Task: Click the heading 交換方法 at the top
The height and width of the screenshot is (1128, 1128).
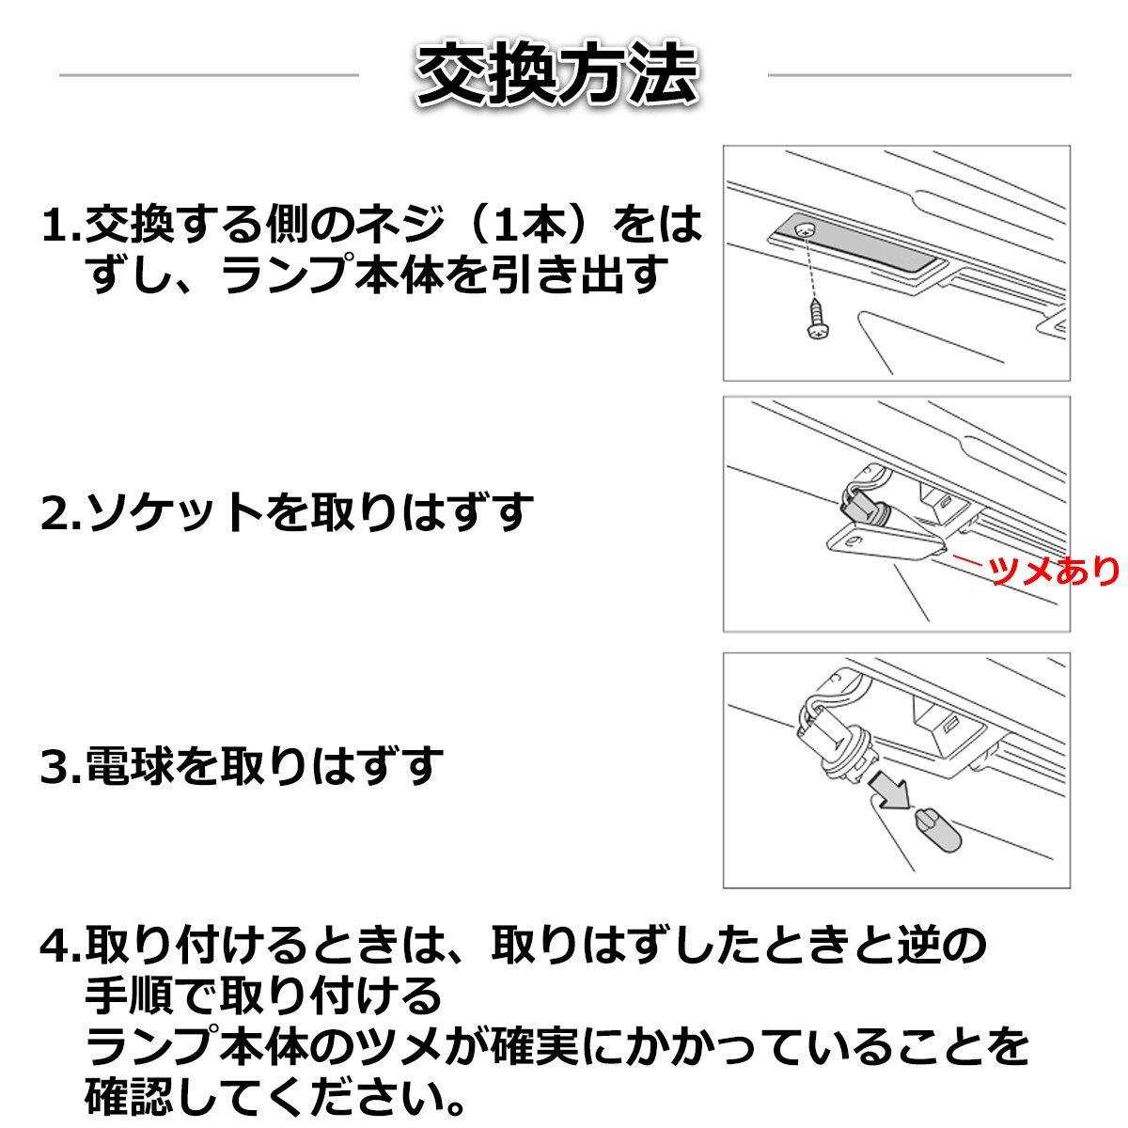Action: (556, 73)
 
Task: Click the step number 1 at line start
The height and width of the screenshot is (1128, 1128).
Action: (53, 226)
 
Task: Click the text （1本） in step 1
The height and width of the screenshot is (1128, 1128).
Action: (530, 226)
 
